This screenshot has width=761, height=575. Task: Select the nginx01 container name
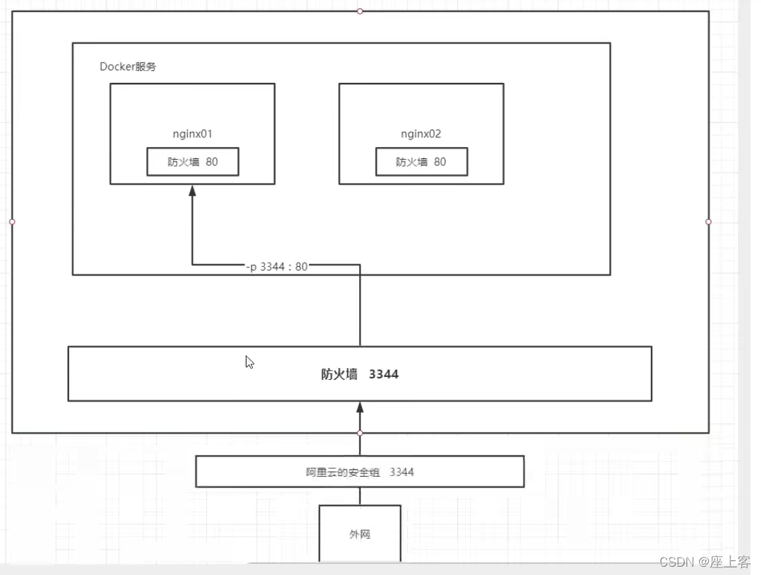coord(192,134)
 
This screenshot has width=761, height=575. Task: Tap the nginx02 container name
coord(421,134)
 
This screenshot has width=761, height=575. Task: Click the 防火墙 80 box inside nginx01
coord(192,162)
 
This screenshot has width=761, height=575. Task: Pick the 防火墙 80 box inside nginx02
coord(421,162)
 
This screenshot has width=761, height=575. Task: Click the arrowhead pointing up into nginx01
coord(192,190)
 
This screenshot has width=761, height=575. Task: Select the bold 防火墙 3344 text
coord(359,374)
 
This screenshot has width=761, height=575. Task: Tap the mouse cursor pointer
coord(249,362)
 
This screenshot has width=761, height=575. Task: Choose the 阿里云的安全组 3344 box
coord(359,472)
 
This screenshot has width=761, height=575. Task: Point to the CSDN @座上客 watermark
coord(704,562)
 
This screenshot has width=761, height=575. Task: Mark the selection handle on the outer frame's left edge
coord(12,222)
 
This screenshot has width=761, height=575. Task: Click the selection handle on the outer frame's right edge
coord(709,222)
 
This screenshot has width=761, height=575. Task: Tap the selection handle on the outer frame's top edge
coord(360,11)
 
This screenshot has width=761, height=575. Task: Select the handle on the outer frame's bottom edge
coord(360,433)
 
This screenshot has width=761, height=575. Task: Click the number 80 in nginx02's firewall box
coord(440,162)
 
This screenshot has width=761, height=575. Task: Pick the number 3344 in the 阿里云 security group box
coord(402,472)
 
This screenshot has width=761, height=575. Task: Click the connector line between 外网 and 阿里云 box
coord(360,496)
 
